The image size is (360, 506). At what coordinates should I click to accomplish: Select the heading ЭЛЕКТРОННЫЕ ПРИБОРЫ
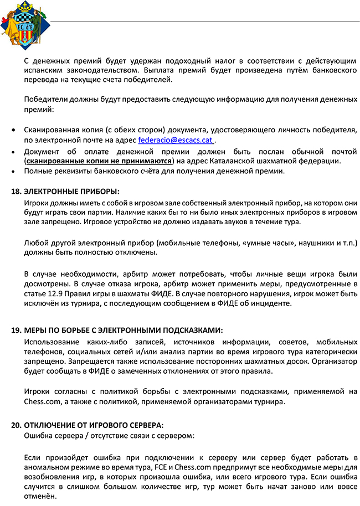[x=71, y=192]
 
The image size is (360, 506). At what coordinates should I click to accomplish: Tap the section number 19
[x=16, y=331]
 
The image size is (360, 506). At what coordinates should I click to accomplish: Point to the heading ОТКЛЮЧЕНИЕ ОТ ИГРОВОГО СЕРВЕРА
[x=94, y=425]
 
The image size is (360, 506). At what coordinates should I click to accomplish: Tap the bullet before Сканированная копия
[x=14, y=130]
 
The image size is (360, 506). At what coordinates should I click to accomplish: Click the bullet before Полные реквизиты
[x=14, y=171]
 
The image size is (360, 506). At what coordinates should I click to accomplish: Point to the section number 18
[x=16, y=192]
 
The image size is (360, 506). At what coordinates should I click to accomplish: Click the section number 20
[x=16, y=425]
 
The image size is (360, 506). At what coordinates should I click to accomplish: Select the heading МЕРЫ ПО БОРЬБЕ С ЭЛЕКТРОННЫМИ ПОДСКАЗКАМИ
[x=123, y=331]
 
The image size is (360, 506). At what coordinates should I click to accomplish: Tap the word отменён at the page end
[x=40, y=497]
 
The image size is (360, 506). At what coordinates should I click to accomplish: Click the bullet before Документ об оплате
[x=14, y=151]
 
